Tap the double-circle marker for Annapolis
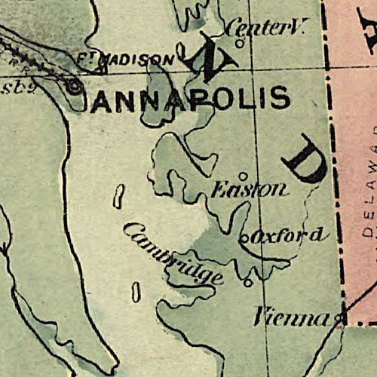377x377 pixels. point(74,87)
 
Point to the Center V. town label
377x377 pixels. point(264,29)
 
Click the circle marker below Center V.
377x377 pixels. point(240,43)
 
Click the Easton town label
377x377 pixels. point(249,189)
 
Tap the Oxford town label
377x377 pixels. point(290,236)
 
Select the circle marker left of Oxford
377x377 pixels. point(244,240)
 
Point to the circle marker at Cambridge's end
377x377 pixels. point(248,283)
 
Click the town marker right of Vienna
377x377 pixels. point(340,320)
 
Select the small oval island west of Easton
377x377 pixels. point(118,196)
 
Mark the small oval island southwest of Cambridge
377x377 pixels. point(136,292)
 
